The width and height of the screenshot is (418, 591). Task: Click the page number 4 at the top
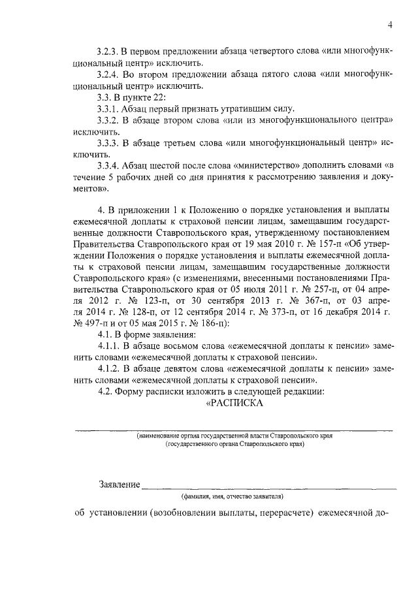click(389, 25)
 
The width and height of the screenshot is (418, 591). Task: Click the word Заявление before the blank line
click(120, 485)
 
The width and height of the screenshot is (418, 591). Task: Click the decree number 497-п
click(91, 323)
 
